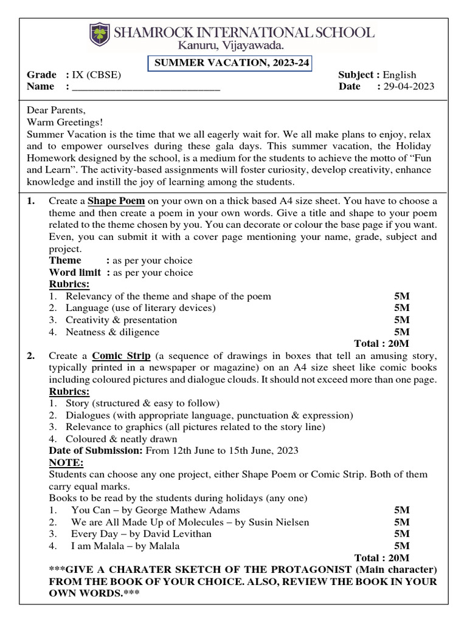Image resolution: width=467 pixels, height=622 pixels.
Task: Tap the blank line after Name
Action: pos(145,87)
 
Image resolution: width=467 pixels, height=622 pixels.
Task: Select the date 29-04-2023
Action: pos(408,87)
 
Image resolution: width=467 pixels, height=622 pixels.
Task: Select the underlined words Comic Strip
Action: pos(122,356)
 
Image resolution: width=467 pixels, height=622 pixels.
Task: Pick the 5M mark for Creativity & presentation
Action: pos(401,320)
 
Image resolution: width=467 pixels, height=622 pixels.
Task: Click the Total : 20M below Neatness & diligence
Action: pos(381,344)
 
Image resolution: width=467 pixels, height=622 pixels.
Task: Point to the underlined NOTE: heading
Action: pos(66,462)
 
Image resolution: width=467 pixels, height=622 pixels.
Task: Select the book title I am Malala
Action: pos(99,545)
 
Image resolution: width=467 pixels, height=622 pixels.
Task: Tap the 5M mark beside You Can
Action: pos(401,510)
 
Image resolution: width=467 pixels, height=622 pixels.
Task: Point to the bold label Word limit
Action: pos(75,273)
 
